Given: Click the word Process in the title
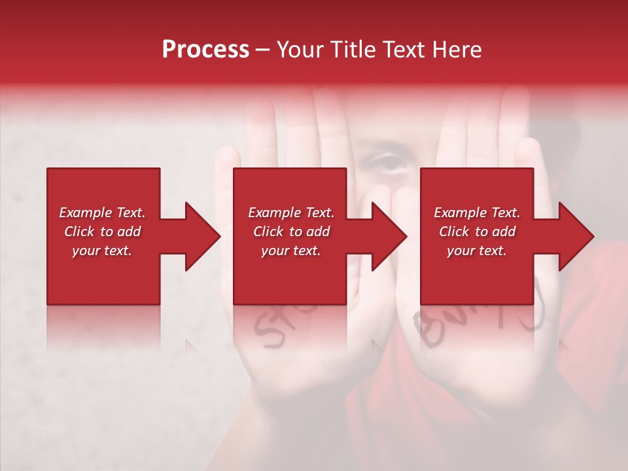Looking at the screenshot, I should [x=205, y=50].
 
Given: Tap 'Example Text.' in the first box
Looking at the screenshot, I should [x=102, y=213].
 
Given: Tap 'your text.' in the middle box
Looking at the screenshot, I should [x=290, y=251].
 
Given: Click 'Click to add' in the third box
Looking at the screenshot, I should [x=477, y=232].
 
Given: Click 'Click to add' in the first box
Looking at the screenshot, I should [x=102, y=232].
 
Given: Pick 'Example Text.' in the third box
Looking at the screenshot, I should [x=477, y=213].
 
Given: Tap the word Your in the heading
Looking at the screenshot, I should [x=300, y=50].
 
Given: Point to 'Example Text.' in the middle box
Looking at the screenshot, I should [x=290, y=213].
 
